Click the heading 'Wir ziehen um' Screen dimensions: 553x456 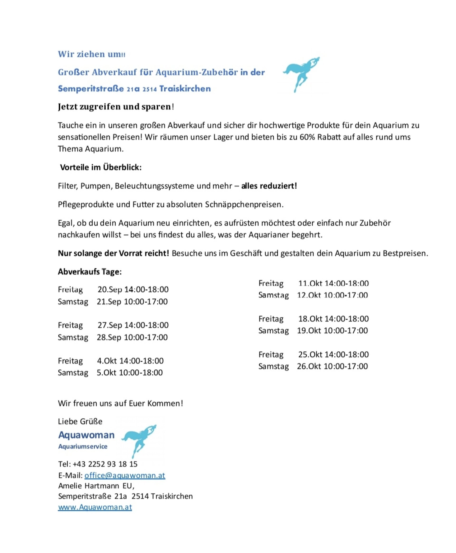[89, 54]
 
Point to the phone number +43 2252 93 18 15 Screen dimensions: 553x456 [105, 464]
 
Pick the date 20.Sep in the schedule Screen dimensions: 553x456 [110, 290]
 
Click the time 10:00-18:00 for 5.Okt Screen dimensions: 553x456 [141, 372]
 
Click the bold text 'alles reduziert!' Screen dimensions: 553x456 [269, 186]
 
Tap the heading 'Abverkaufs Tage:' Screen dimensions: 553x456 [90, 272]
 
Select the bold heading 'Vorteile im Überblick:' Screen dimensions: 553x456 [101, 167]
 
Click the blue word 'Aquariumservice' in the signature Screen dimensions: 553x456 [83, 446]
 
